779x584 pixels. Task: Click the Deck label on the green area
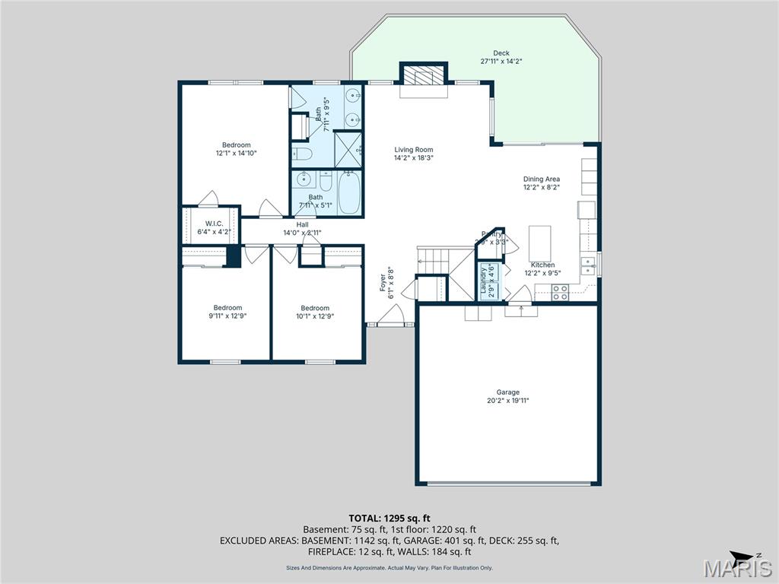(501, 53)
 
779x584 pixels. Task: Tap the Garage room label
(508, 392)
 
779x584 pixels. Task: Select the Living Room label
(413, 150)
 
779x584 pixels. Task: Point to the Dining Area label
(541, 179)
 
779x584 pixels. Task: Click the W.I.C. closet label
(213, 223)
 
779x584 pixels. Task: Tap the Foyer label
(383, 283)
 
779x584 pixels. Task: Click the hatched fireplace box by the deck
(422, 75)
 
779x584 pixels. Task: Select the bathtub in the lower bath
(351, 193)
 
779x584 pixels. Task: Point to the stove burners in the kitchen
(559, 292)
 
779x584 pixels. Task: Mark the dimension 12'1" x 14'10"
(236, 153)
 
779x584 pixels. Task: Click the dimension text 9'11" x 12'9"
(227, 316)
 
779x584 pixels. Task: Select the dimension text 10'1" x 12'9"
(314, 316)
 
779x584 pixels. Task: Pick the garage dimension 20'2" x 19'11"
(508, 401)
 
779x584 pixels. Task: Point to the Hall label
(302, 224)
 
